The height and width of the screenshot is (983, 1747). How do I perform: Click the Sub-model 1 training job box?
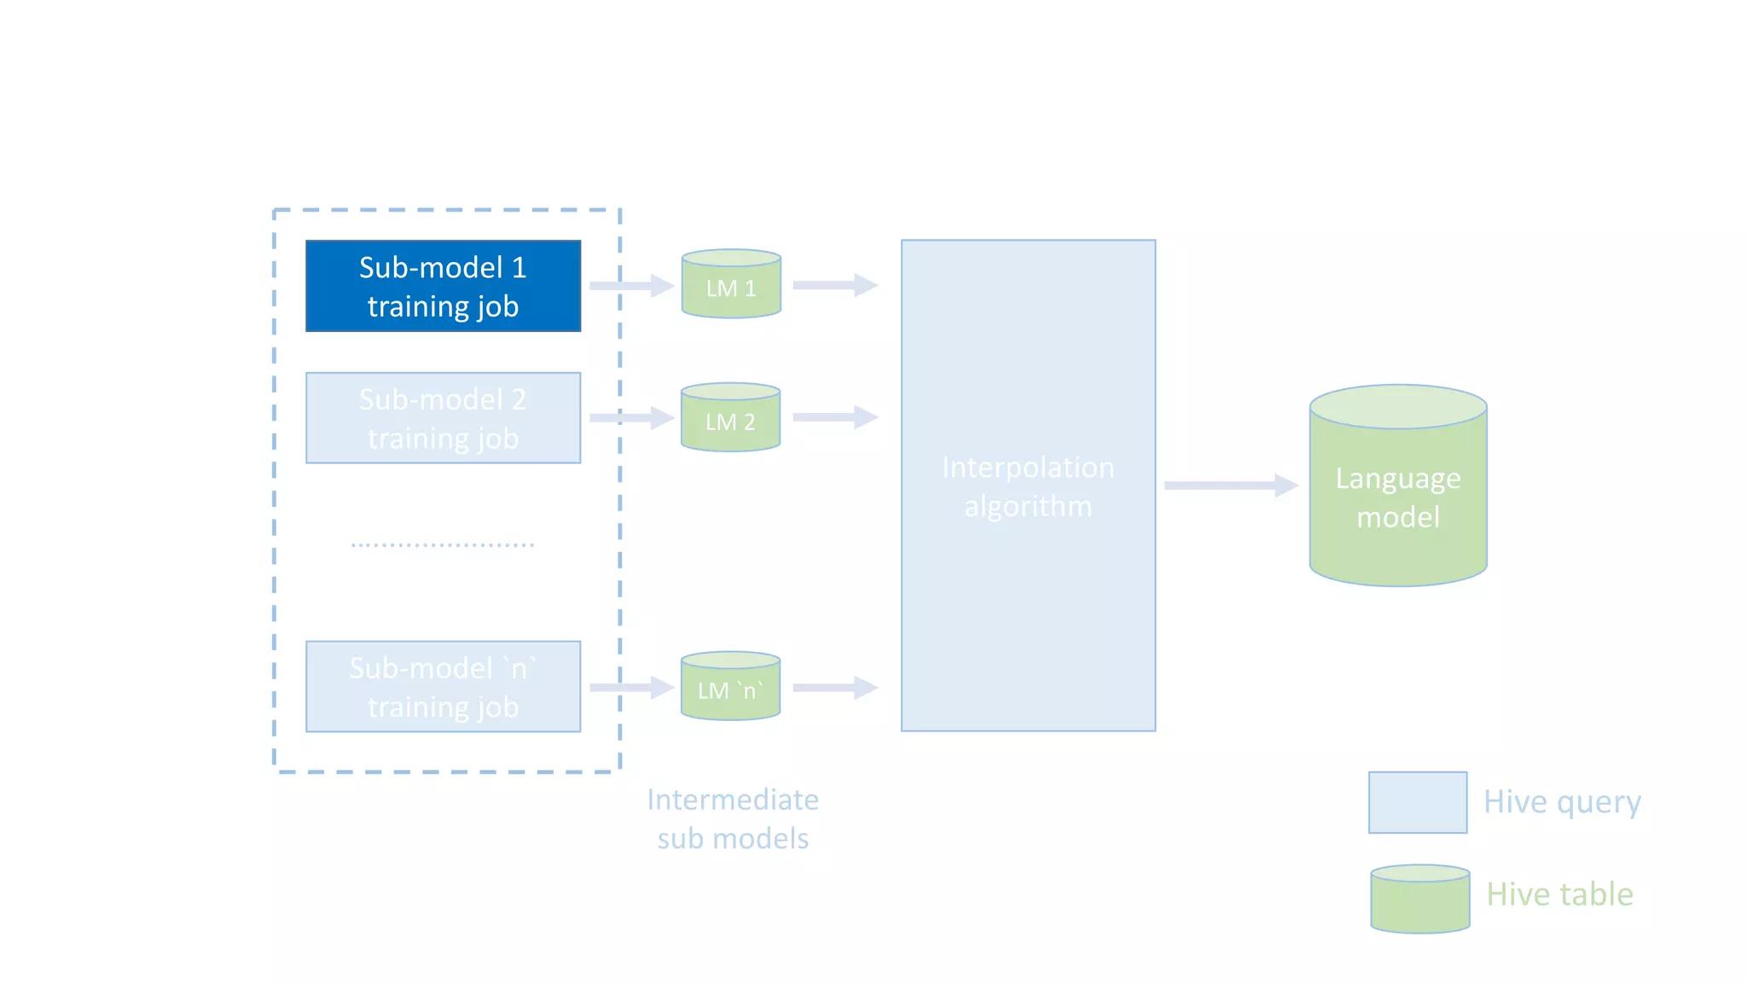point(443,286)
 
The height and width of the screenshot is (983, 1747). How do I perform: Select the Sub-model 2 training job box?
point(443,418)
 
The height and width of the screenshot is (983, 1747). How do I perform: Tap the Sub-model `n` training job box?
point(443,687)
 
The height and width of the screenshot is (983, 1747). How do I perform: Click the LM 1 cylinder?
point(731,286)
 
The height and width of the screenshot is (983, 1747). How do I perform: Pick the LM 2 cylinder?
point(730,419)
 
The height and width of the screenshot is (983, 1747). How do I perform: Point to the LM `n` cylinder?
point(730,688)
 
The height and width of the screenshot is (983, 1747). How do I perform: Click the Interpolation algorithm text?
point(1028,486)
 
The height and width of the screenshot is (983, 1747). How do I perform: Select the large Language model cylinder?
point(1398,491)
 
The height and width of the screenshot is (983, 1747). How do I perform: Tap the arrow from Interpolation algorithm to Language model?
point(1230,486)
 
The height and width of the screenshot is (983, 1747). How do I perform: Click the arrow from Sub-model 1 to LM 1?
point(631,285)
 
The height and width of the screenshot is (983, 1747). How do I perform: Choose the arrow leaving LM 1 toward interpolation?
point(834,285)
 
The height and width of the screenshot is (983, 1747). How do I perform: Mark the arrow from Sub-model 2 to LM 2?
point(631,417)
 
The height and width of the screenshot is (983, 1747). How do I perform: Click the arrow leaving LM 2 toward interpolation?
point(834,417)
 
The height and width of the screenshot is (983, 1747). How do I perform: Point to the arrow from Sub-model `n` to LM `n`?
point(631,687)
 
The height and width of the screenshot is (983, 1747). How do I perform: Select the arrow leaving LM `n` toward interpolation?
point(834,687)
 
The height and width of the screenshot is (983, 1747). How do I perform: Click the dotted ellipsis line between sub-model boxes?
point(443,544)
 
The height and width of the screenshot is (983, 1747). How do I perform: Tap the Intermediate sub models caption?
point(733,819)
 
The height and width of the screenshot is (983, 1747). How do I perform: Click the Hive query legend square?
point(1418,802)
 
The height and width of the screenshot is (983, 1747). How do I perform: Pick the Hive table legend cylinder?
point(1419,900)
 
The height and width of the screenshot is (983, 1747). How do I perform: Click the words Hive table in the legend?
point(1559,894)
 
